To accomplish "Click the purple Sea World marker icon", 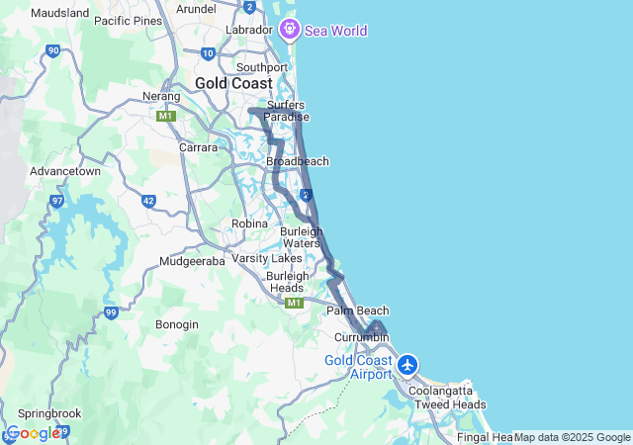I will tap(290, 30).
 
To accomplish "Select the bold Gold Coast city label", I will tap(233, 83).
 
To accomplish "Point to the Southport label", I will tap(262, 67).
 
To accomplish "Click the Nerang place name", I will tap(162, 97).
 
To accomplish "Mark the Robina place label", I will tap(249, 223).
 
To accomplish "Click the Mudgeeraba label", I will tap(196, 262).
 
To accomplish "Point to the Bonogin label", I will tap(177, 324).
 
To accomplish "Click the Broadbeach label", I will tap(298, 161).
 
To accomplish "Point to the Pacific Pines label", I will tap(128, 20).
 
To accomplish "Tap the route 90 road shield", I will tap(52, 50).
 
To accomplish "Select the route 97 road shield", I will tap(56, 202).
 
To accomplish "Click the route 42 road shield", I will tap(148, 201).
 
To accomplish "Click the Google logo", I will tap(32, 433).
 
